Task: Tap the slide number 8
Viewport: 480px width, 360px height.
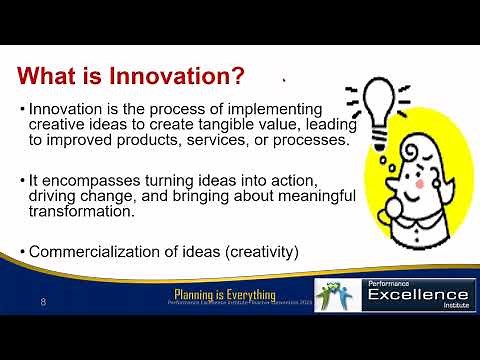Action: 42,301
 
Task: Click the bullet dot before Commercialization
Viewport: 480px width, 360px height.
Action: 22,251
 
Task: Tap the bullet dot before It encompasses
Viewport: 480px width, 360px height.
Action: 22,179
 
